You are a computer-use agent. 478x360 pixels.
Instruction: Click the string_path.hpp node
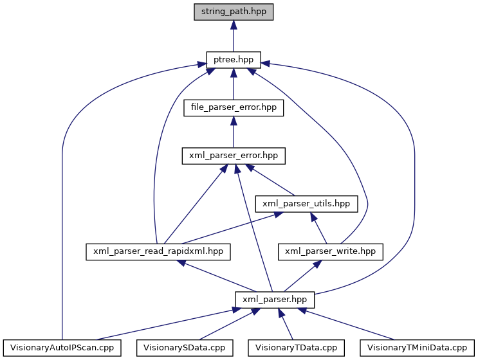tap(233, 11)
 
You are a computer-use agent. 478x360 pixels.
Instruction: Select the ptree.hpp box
tap(233, 60)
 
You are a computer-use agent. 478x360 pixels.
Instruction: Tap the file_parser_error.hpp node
tap(233, 107)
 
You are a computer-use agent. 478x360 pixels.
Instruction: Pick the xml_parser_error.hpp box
tap(233, 156)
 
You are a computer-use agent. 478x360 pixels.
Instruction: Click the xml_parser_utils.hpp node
tap(306, 204)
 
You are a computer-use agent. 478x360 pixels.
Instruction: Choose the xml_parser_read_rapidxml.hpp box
tap(158, 251)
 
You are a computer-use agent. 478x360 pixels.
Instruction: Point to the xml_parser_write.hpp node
tap(330, 251)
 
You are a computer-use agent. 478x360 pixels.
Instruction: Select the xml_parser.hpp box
tap(275, 300)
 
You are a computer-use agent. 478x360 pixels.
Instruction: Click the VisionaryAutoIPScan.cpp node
tap(62, 348)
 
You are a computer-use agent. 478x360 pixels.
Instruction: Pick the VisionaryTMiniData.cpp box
tap(416, 348)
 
